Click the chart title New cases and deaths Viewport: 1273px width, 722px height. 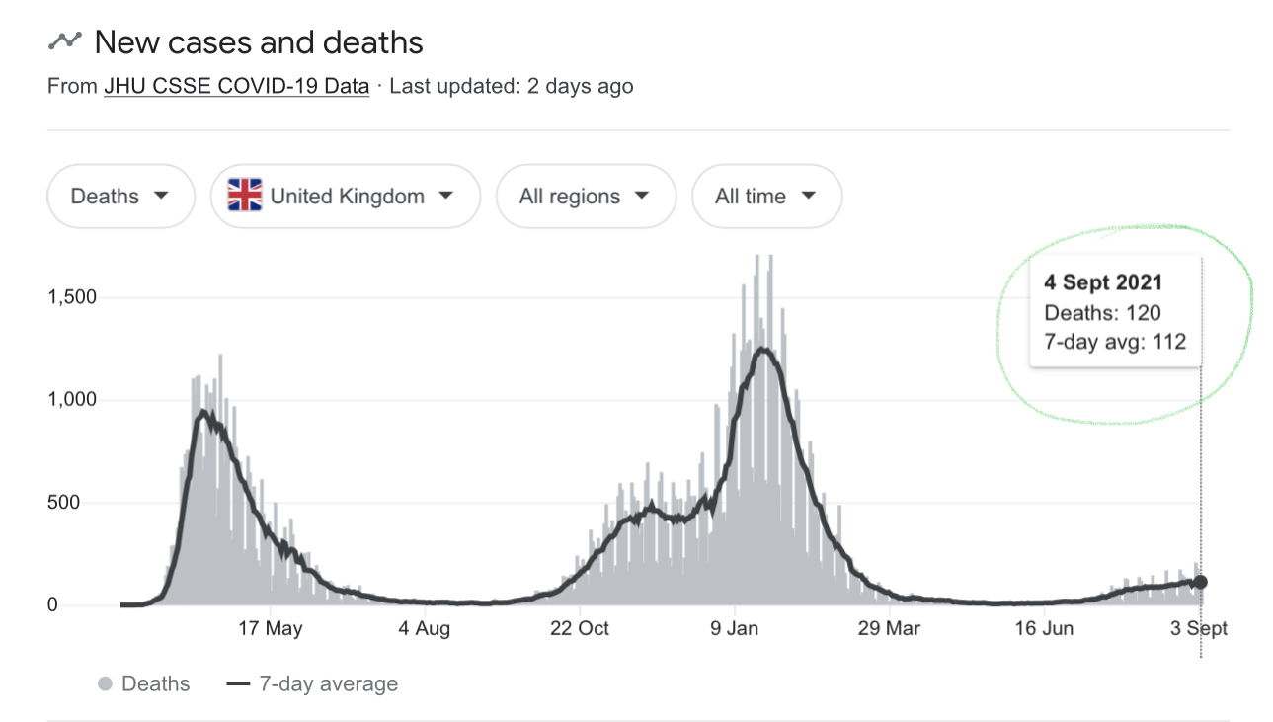point(259,42)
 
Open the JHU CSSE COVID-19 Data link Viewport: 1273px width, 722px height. point(237,86)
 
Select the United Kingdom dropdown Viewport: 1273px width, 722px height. point(346,196)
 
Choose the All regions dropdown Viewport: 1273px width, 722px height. point(586,196)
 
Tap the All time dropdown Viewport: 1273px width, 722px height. point(766,196)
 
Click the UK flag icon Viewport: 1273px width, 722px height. point(245,196)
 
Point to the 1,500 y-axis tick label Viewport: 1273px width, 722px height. point(72,297)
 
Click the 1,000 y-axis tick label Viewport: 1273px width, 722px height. point(72,400)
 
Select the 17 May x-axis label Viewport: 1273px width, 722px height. point(271,628)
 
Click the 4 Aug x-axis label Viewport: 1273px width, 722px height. point(425,628)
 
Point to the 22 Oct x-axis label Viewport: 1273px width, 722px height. point(580,628)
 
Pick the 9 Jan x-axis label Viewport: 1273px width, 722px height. point(734,628)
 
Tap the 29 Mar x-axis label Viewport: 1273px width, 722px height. point(889,628)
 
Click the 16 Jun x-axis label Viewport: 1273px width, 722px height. point(1044,628)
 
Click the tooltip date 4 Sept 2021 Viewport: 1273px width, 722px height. point(1103,282)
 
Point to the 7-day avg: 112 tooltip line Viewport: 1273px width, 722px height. point(1115,342)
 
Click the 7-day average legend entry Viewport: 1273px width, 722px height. point(313,683)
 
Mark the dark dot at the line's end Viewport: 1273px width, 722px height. point(1200,582)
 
